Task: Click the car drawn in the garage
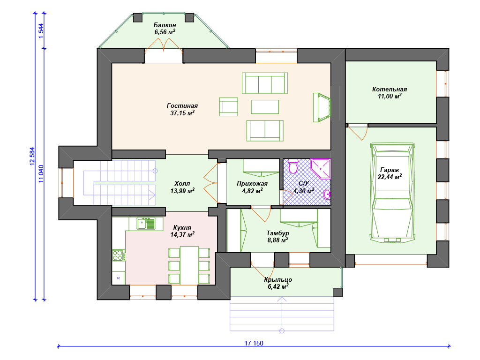coord(392,193)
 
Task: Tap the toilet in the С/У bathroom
coord(293,166)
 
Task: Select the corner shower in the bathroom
coord(321,168)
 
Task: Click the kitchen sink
coord(146,224)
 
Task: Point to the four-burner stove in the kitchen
coord(118,255)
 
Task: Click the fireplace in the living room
coord(322,107)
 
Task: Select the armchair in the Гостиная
coord(228,107)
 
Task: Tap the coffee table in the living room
coord(265,107)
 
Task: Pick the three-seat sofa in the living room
coord(265,83)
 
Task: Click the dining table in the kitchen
coord(189,265)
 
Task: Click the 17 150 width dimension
coord(254,343)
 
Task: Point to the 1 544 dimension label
coord(41,31)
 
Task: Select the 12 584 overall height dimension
coord(32,157)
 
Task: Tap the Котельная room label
coord(390,90)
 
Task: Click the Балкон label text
coord(165,25)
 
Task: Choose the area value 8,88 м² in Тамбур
coord(277,240)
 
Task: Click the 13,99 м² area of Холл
coord(182,191)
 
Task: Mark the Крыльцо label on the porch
coord(278,279)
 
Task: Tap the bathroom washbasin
coord(327,194)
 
